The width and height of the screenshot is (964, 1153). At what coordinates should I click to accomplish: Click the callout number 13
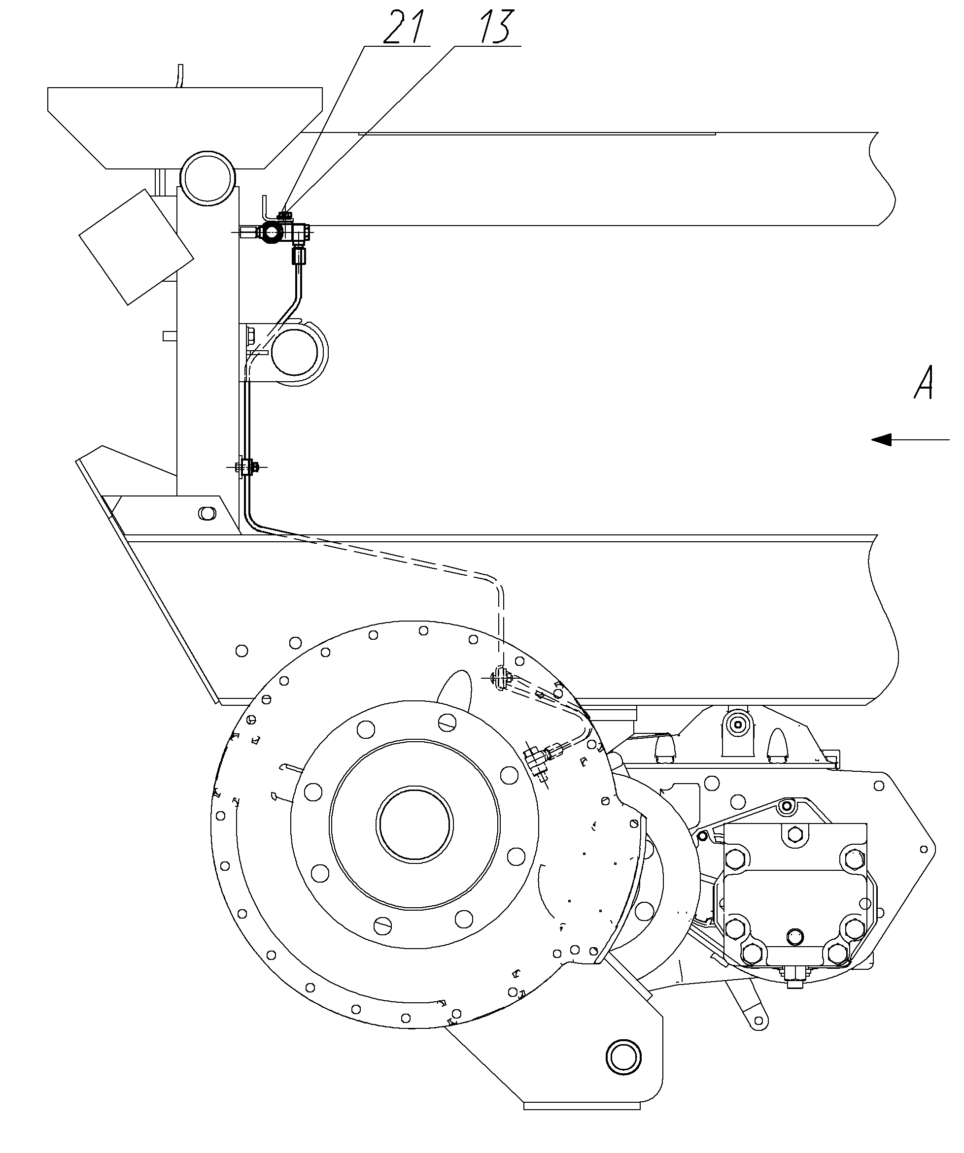[496, 27]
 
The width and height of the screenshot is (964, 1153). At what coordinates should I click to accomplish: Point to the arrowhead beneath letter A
[881, 439]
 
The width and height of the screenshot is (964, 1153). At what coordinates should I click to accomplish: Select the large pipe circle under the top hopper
[207, 178]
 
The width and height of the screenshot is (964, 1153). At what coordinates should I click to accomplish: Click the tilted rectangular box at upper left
[136, 247]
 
